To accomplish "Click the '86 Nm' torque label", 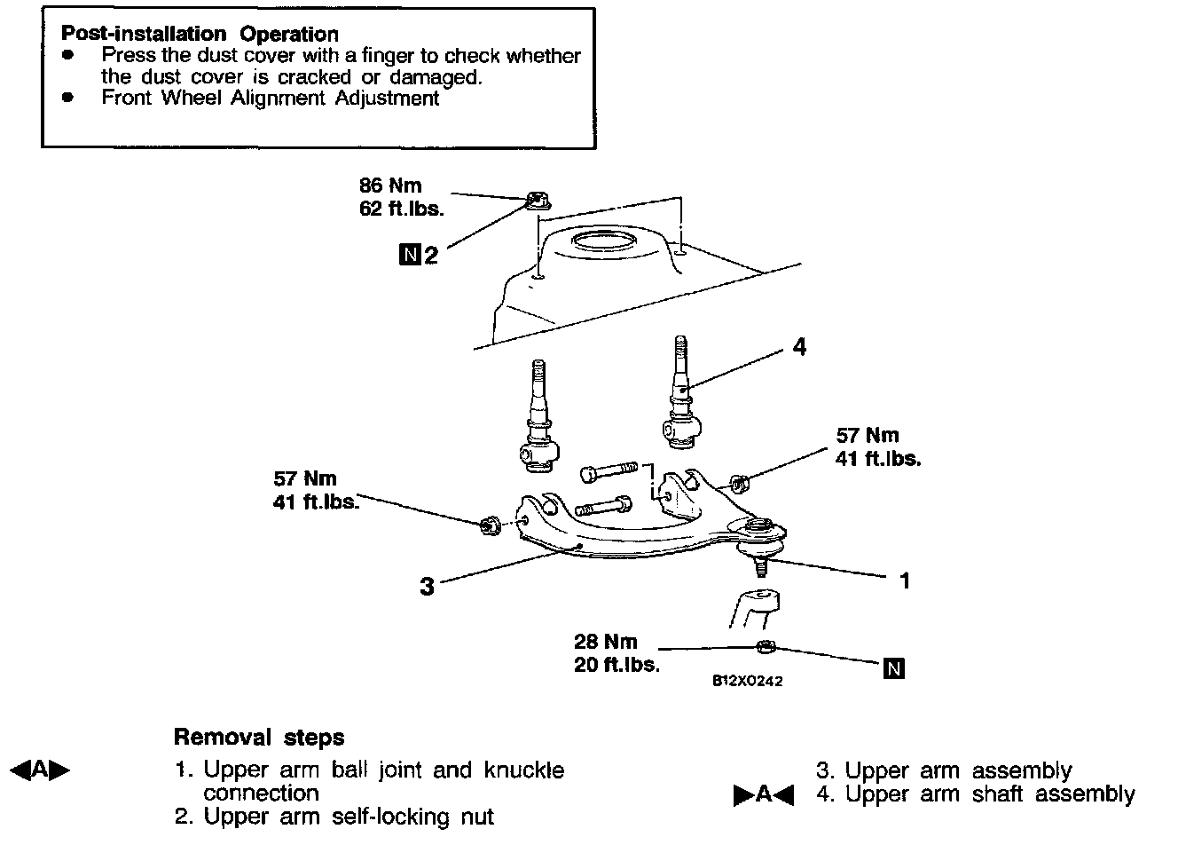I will [390, 186].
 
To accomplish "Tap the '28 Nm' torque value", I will [606, 642].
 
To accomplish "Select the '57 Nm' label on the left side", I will [305, 479].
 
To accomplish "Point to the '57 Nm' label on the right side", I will [868, 436].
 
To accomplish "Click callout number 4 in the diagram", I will [799, 347].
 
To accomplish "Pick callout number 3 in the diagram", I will [427, 587].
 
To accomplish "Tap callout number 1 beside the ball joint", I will [905, 580].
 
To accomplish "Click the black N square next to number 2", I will [409, 256].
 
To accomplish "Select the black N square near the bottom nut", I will [894, 668].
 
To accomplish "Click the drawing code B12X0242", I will [747, 682].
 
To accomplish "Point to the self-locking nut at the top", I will [534, 201].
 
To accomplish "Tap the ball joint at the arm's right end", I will [759, 533].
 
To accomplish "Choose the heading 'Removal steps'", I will [259, 738].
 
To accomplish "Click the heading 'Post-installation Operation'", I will [200, 35].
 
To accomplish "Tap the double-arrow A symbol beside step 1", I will [40, 770].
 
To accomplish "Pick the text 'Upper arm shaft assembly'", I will [989, 794].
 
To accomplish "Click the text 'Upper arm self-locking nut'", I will [348, 816].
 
